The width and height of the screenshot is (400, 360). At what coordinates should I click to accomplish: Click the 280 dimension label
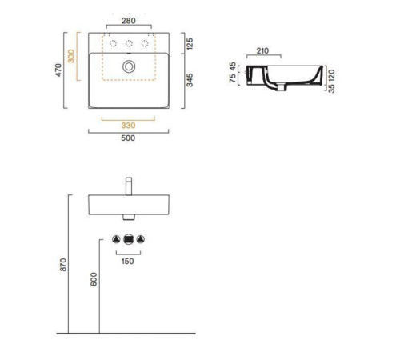[129, 21]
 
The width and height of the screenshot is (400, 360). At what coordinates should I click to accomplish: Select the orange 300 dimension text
[71, 56]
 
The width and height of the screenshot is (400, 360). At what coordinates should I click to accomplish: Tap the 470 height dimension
[58, 70]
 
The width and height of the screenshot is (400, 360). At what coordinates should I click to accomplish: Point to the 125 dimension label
[190, 44]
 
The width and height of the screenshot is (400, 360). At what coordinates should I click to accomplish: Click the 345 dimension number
[190, 80]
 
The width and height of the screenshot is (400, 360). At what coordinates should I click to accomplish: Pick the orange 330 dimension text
[128, 126]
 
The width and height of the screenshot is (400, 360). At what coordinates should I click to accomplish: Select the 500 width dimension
[128, 138]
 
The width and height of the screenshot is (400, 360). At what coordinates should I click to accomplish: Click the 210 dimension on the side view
[262, 50]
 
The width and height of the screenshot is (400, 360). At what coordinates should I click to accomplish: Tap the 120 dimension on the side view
[331, 75]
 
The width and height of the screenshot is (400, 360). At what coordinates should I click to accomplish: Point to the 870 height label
[63, 265]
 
